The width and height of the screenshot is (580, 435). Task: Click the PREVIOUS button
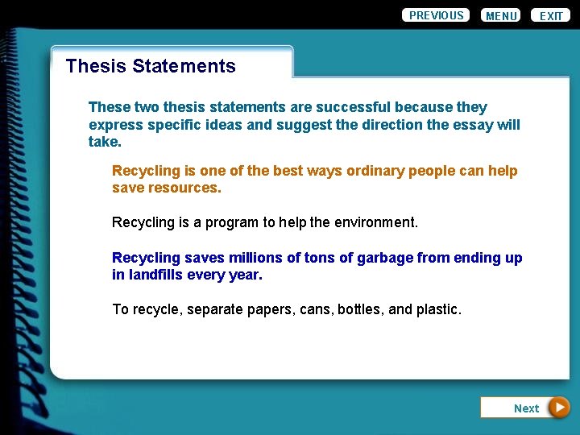click(x=436, y=15)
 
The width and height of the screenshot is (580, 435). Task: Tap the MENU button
click(x=501, y=16)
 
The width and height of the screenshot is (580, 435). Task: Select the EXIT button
click(x=551, y=16)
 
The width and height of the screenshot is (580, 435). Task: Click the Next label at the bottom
click(x=526, y=408)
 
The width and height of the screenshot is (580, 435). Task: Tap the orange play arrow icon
click(x=559, y=408)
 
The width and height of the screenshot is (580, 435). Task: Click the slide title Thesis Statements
click(x=151, y=66)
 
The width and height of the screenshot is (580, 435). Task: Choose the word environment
click(x=377, y=222)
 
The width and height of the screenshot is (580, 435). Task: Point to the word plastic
click(x=438, y=309)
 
